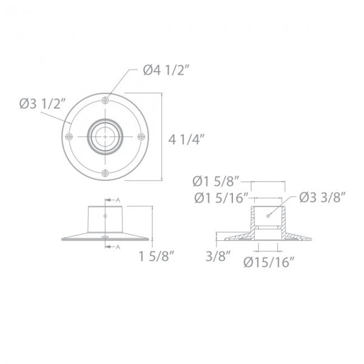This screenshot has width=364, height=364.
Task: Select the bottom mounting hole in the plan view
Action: point(106,174)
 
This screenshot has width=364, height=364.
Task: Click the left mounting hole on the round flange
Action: point(70,137)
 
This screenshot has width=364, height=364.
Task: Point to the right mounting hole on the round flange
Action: point(143,137)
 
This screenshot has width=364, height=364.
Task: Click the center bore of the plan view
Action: point(106,137)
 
